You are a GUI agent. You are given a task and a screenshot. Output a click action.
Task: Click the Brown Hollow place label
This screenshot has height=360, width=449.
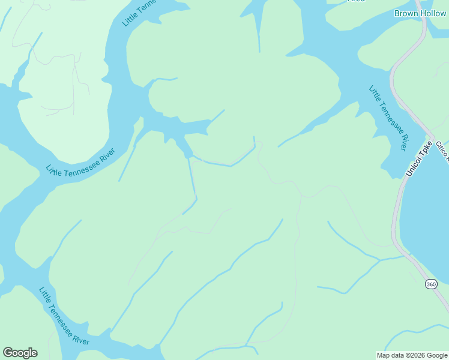click(x=420, y=13)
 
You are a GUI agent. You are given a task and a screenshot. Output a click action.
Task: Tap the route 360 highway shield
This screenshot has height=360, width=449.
click(x=431, y=284)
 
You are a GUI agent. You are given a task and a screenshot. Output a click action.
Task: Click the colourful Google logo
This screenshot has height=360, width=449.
click(x=20, y=353)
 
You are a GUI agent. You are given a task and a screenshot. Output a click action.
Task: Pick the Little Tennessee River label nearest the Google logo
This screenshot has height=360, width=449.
click(x=64, y=316)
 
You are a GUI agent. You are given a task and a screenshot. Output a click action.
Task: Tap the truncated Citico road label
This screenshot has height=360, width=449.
click(x=442, y=151)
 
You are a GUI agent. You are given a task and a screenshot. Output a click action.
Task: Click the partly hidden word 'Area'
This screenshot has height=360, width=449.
click(x=356, y=1)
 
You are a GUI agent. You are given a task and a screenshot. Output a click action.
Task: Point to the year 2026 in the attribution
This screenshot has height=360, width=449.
click(x=415, y=355)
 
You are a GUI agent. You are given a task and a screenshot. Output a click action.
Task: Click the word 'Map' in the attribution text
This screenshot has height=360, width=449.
click(x=383, y=355)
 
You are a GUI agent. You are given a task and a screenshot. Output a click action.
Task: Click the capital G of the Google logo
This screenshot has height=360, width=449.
click(x=8, y=353)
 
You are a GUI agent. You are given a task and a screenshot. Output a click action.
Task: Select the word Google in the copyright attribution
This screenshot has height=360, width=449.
click(x=435, y=355)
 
